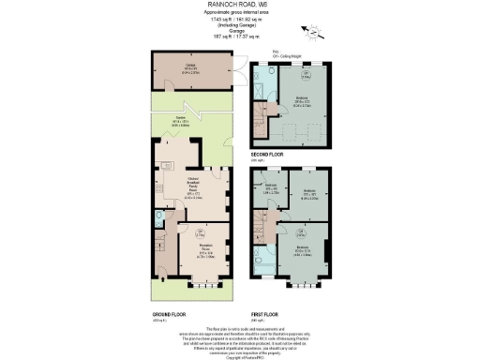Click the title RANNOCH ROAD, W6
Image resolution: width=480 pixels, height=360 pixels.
(x=239, y=5)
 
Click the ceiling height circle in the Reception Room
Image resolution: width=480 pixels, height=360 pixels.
(x=200, y=232)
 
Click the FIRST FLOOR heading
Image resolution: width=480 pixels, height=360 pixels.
(x=267, y=313)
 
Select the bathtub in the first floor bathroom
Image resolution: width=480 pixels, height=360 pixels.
(x=259, y=258)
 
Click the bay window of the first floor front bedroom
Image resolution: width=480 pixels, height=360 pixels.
(x=307, y=280)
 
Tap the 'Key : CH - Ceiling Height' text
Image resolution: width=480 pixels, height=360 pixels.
(x=278, y=52)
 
